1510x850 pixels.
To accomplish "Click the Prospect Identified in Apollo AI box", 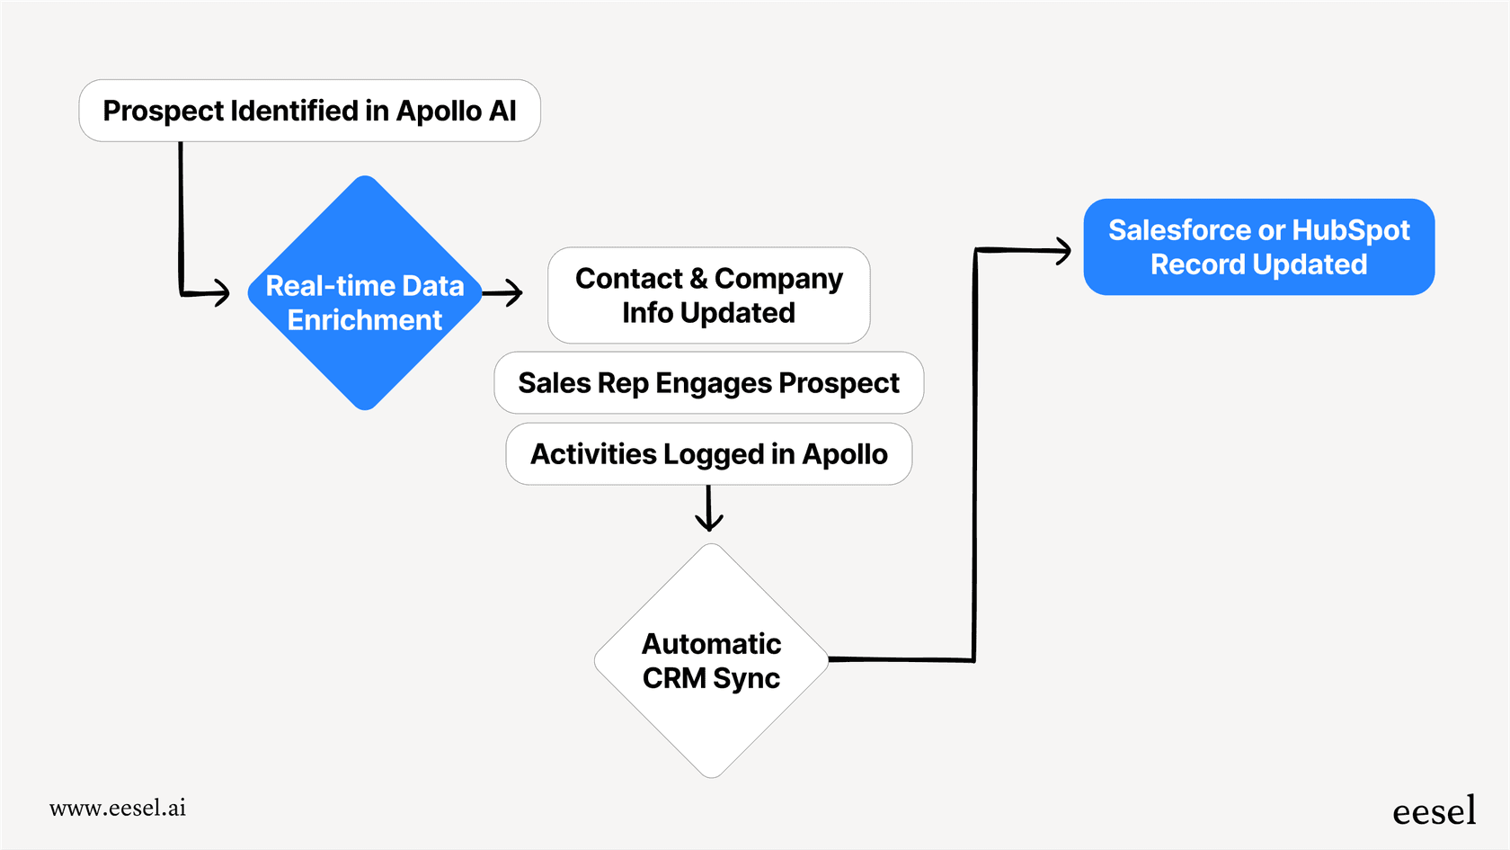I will pyautogui.click(x=309, y=111).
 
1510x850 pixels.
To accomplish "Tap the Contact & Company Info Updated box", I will pyautogui.click(x=708, y=296).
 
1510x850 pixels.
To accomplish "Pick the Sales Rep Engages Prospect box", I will pyautogui.click(x=708, y=383).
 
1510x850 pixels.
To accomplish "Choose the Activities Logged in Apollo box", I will pyautogui.click(x=708, y=454).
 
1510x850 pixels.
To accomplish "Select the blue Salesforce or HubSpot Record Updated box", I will pyautogui.click(x=1258, y=247).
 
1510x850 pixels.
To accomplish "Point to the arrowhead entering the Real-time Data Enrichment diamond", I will pyautogui.click(x=221, y=292).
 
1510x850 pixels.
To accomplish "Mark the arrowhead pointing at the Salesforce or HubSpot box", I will pyautogui.click(x=1062, y=251).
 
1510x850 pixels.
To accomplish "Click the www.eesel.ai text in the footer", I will pyautogui.click(x=118, y=808).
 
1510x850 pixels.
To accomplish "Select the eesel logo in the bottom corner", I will pyautogui.click(x=1434, y=811).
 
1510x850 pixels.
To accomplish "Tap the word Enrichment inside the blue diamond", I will pyautogui.click(x=365, y=320).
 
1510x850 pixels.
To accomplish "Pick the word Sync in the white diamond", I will pyautogui.click(x=746, y=678).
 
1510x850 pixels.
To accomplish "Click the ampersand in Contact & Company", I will pyautogui.click(x=698, y=279).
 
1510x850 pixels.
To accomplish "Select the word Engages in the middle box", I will pyautogui.click(x=714, y=383).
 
